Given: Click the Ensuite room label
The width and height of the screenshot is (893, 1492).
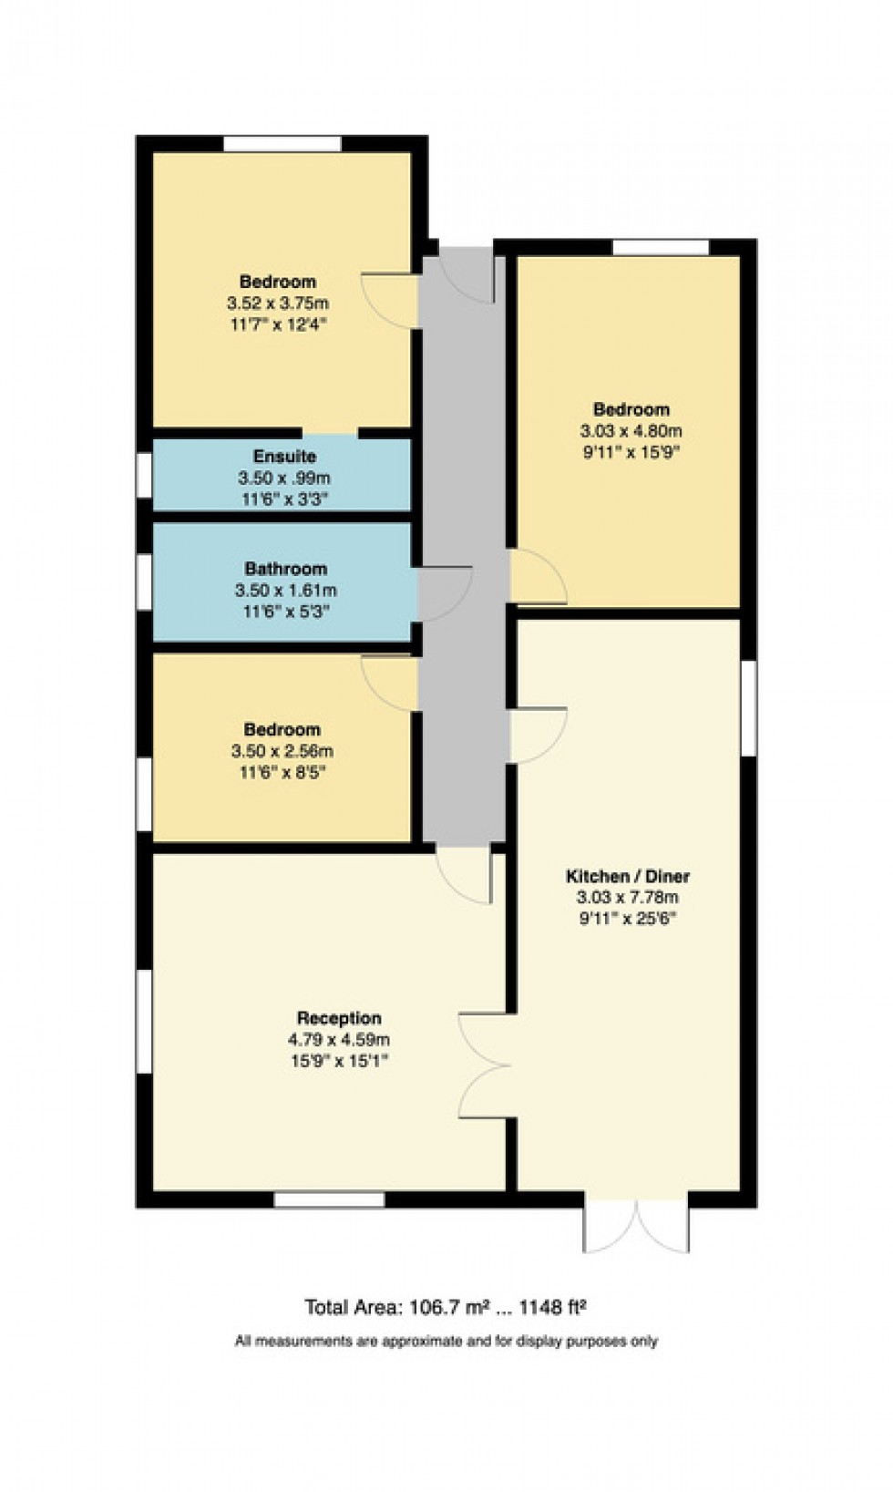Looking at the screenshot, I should [x=284, y=456].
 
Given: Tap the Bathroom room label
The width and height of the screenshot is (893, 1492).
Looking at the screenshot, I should [x=285, y=569].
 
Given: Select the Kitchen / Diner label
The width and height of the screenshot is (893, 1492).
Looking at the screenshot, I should [x=628, y=876].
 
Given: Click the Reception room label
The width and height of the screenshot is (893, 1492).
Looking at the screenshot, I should [x=339, y=1018].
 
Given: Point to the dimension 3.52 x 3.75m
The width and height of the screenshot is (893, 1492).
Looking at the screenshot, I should [x=278, y=303].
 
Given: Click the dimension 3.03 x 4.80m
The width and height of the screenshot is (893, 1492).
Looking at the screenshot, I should [x=631, y=431].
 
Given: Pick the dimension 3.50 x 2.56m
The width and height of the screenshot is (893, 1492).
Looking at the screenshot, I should [x=282, y=751].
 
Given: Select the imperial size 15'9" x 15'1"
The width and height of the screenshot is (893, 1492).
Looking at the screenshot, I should [x=339, y=1061].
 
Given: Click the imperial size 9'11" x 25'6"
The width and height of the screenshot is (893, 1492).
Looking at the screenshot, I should [x=628, y=919].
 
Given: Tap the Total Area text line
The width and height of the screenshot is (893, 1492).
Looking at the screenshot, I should [x=445, y=1308].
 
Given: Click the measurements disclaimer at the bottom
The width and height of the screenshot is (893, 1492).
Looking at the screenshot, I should [x=446, y=1341].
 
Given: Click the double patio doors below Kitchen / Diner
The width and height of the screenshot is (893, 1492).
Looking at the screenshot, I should [x=635, y=1226].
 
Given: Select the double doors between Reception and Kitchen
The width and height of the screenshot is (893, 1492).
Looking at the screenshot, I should [x=483, y=1065].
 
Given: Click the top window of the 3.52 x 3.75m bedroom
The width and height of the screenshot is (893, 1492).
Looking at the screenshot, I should [x=282, y=143].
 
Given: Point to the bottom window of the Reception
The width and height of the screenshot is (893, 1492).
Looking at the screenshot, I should [x=329, y=1199].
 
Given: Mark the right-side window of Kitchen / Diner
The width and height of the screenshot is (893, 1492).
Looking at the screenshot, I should [x=748, y=707].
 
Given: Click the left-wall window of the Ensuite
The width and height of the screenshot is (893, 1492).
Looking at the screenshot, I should [x=144, y=475].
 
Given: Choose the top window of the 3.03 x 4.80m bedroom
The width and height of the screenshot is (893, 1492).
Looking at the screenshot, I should [x=660, y=247].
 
